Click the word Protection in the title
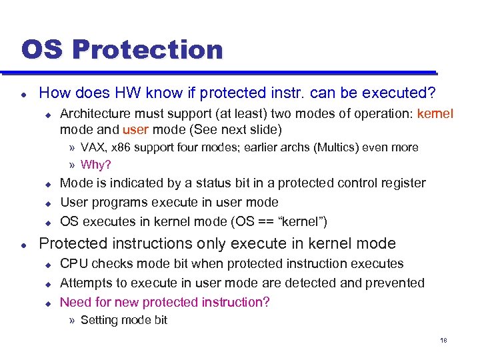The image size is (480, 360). coord(147,50)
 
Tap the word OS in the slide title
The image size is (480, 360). coord(44,50)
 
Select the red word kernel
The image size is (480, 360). coord(435,113)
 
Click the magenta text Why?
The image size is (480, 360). coord(95,165)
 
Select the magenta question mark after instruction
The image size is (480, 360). coord(266,302)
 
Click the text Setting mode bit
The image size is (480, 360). coord(123,320)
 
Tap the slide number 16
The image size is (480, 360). coord(443,341)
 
